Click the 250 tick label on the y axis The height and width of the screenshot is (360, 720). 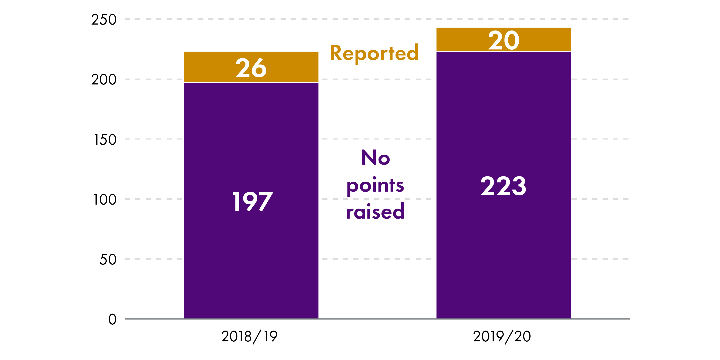pos(104,20)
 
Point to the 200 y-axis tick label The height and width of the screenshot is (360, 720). pos(104,80)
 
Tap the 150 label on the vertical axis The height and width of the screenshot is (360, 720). pos(105,140)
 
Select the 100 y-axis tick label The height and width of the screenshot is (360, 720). pos(104,200)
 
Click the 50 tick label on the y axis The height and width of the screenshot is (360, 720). pos(108,260)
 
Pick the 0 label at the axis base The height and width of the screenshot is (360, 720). pos(112,319)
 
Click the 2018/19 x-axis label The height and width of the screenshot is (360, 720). pos(249,336)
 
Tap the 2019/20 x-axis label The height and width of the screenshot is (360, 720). pos(502,336)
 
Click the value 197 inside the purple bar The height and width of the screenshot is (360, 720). pos(252,202)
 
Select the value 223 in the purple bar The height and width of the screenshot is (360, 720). pos(503,186)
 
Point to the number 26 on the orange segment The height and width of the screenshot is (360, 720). pos(251,68)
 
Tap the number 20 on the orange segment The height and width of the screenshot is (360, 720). pos(504,41)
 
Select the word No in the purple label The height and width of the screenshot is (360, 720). pos(375,157)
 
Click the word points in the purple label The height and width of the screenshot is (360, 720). pos(375,186)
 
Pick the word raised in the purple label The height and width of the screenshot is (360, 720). pos(375,212)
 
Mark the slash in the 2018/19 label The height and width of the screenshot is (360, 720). pos(257,337)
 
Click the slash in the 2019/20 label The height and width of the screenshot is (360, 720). pos(509,337)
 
